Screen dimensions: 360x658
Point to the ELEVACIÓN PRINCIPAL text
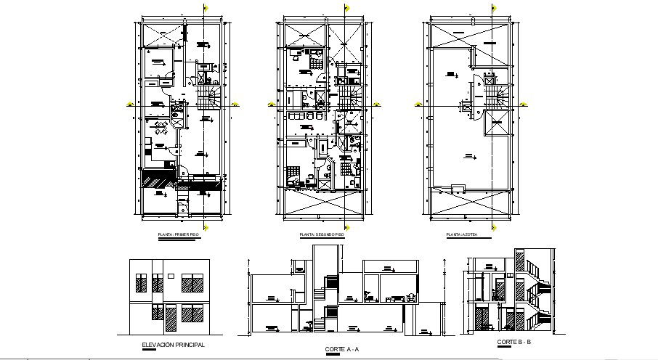coord(172,345)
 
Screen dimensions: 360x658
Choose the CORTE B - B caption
coord(514,342)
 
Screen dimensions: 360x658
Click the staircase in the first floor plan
coord(209,96)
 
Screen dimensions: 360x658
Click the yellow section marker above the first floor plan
coord(206,8)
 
